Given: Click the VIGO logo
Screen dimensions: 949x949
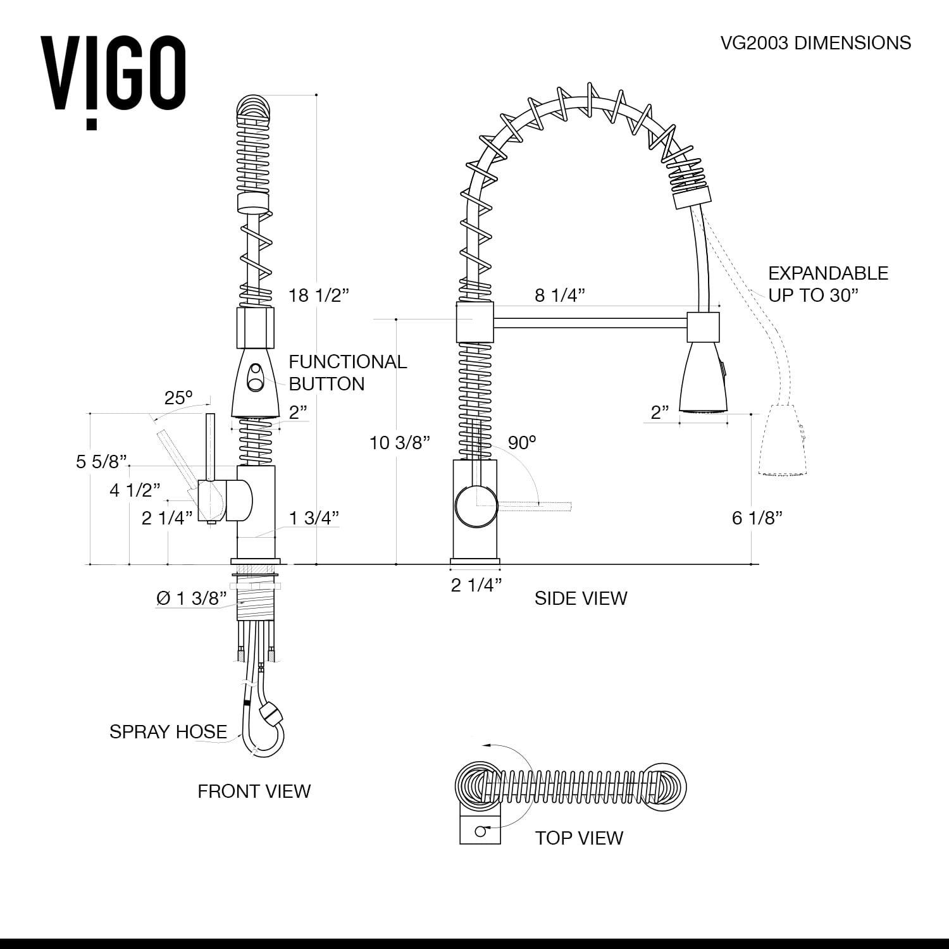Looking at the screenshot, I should click(x=113, y=79).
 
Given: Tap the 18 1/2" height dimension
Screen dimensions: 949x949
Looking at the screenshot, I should click(x=318, y=295).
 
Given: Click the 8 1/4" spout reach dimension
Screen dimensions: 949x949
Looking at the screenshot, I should click(x=559, y=295).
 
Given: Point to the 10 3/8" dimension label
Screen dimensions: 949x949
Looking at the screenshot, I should click(x=399, y=442).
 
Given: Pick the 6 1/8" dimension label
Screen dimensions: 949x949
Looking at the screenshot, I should click(x=757, y=518).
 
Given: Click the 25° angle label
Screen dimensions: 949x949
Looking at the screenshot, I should click(x=178, y=398).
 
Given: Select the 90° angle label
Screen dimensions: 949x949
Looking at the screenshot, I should click(x=521, y=442).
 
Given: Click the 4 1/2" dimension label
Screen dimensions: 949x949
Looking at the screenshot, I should click(x=134, y=490).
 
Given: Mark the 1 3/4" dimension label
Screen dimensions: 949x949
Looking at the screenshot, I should click(x=314, y=518).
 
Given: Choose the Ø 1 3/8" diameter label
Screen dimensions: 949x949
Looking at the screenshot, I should click(x=191, y=598).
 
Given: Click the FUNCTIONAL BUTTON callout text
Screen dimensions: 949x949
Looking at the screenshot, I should click(x=347, y=373).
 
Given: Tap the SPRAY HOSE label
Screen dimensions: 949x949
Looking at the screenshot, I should click(x=168, y=731).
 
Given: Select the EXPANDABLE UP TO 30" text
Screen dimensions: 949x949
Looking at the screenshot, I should click(x=828, y=284).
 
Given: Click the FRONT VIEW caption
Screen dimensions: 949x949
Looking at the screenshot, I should click(x=254, y=791).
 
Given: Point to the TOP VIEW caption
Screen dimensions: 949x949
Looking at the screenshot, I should click(x=578, y=838).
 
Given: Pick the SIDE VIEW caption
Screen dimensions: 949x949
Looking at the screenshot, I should click(x=580, y=598).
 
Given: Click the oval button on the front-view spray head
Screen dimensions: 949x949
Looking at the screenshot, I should click(x=256, y=376).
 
